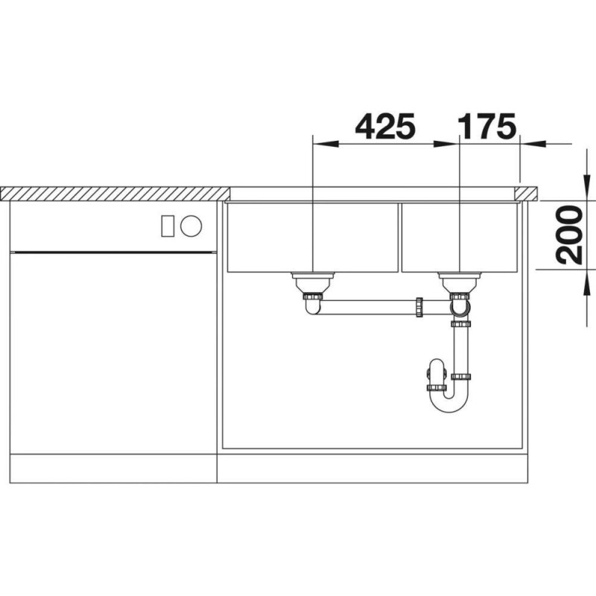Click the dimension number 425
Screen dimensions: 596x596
[x=385, y=127]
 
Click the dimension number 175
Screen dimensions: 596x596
[x=487, y=127]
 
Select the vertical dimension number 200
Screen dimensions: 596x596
[x=569, y=235]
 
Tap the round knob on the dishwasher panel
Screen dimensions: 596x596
[x=191, y=226]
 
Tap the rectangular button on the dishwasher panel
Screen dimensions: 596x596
[x=168, y=226]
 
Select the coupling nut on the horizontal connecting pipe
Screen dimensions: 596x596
[x=419, y=307]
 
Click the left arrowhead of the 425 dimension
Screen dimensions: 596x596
[x=325, y=144]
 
